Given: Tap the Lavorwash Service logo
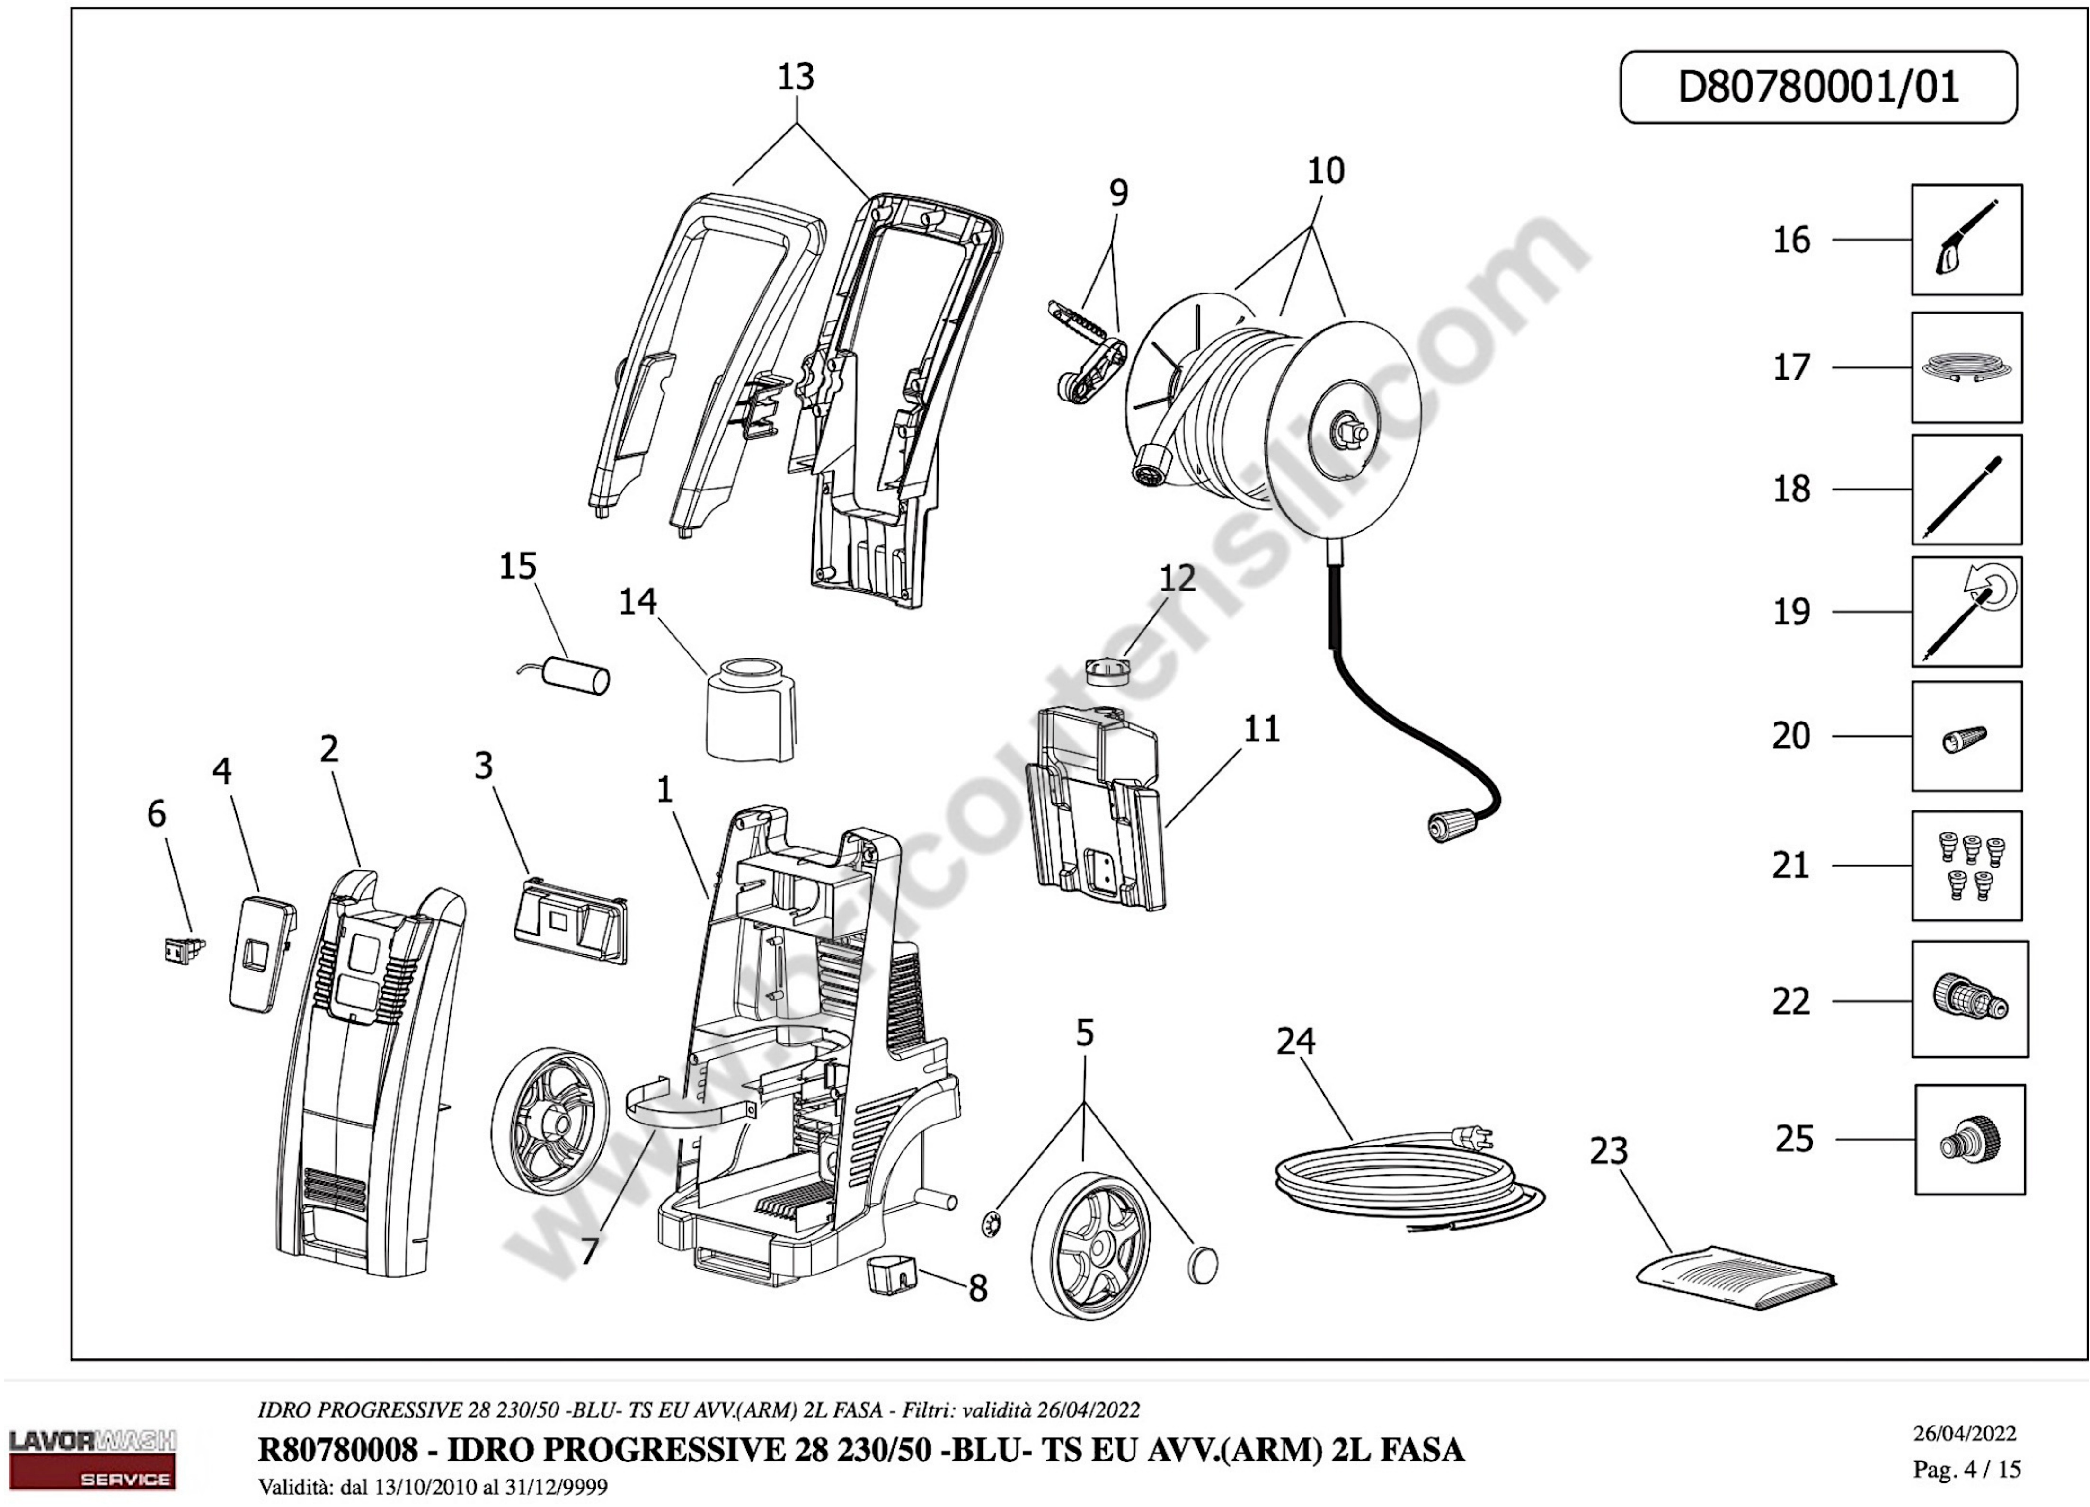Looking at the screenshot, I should pos(92,1459).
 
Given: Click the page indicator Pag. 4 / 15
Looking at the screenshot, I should pos(1966,1468).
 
